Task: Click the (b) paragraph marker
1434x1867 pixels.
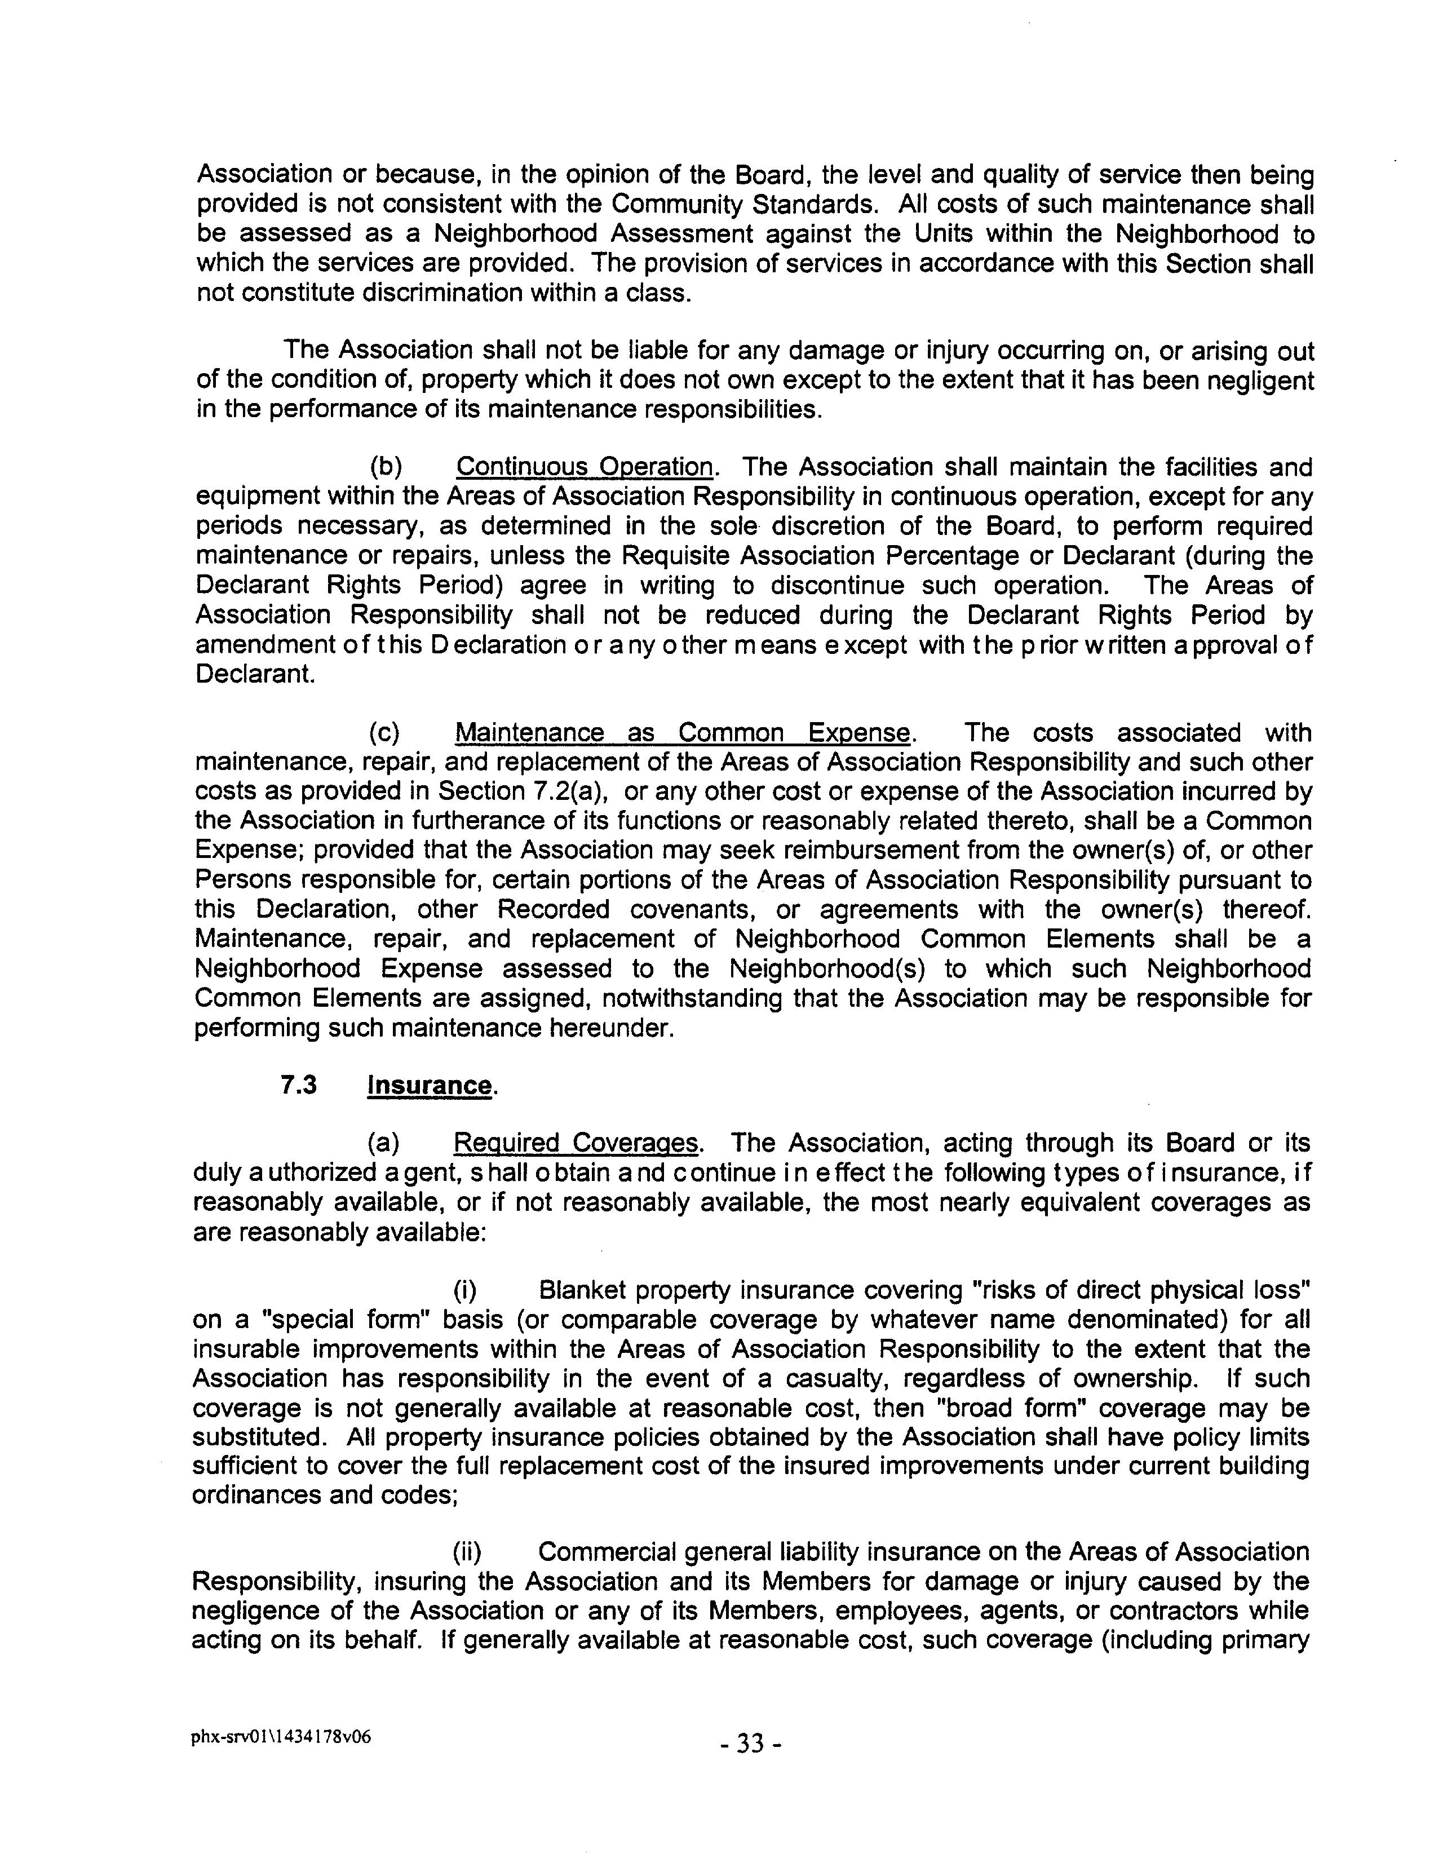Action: coord(386,468)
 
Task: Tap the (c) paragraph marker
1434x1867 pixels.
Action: coord(385,733)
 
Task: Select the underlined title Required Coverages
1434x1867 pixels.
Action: coord(576,1143)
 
